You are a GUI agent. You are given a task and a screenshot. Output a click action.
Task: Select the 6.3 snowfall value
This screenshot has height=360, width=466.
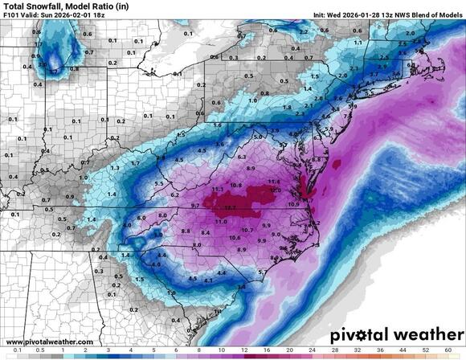[x=242, y=157]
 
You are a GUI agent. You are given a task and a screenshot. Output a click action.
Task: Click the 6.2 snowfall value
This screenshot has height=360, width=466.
[x=174, y=195]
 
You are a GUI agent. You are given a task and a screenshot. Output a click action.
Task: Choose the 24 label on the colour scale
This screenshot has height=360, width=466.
[x=310, y=351]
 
